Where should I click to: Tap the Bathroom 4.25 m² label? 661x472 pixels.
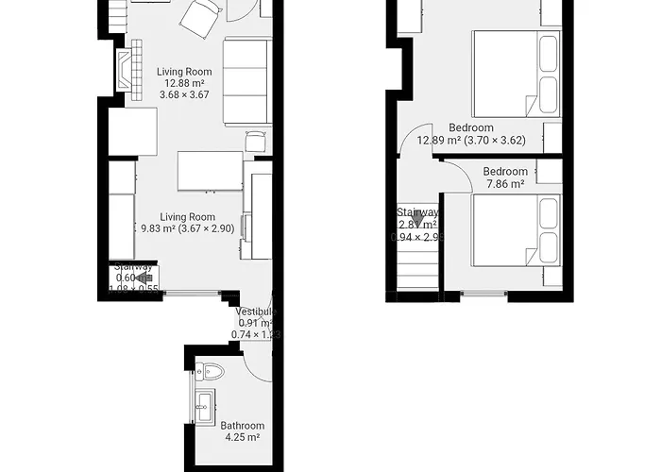coord(242,431)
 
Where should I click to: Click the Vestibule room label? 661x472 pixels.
coord(254,322)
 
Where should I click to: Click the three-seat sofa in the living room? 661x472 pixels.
coord(247,81)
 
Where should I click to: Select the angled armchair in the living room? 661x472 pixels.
coord(201,18)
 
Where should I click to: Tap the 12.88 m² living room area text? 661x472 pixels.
coord(184,83)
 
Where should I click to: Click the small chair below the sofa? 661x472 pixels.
coord(256,142)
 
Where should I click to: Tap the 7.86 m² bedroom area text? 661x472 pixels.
coord(505,185)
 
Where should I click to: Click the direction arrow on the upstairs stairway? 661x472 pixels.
coord(416,217)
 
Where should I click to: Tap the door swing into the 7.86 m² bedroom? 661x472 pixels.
coord(459,175)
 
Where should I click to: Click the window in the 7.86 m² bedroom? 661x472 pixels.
coord(483,294)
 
